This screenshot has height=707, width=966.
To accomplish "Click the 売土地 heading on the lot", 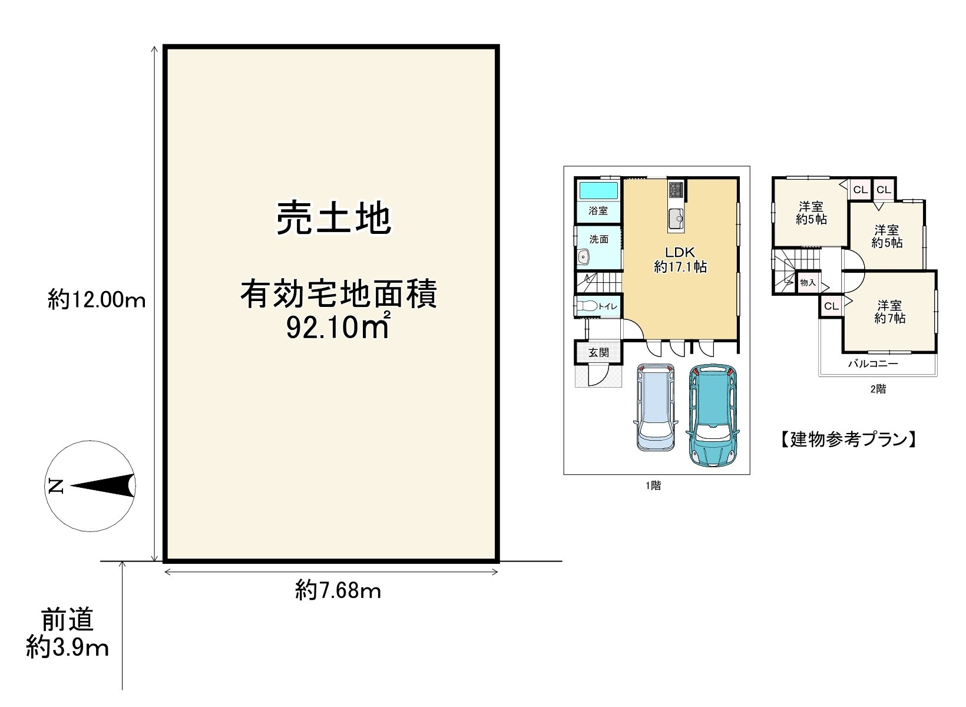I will (333, 218).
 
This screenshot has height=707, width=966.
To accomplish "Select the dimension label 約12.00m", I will (97, 301).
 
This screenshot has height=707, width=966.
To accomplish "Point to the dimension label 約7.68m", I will (338, 590).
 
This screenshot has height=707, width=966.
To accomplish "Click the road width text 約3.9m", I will (68, 648).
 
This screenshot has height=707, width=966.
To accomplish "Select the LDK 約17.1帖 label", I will (680, 259).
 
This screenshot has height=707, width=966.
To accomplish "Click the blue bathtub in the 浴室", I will (598, 191).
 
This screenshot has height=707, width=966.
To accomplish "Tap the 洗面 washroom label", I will (599, 240).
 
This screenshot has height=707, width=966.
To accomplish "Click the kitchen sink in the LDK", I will (676, 220).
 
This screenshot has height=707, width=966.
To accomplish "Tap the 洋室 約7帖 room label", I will (889, 312).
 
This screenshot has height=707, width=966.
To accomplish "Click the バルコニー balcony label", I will (873, 364).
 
